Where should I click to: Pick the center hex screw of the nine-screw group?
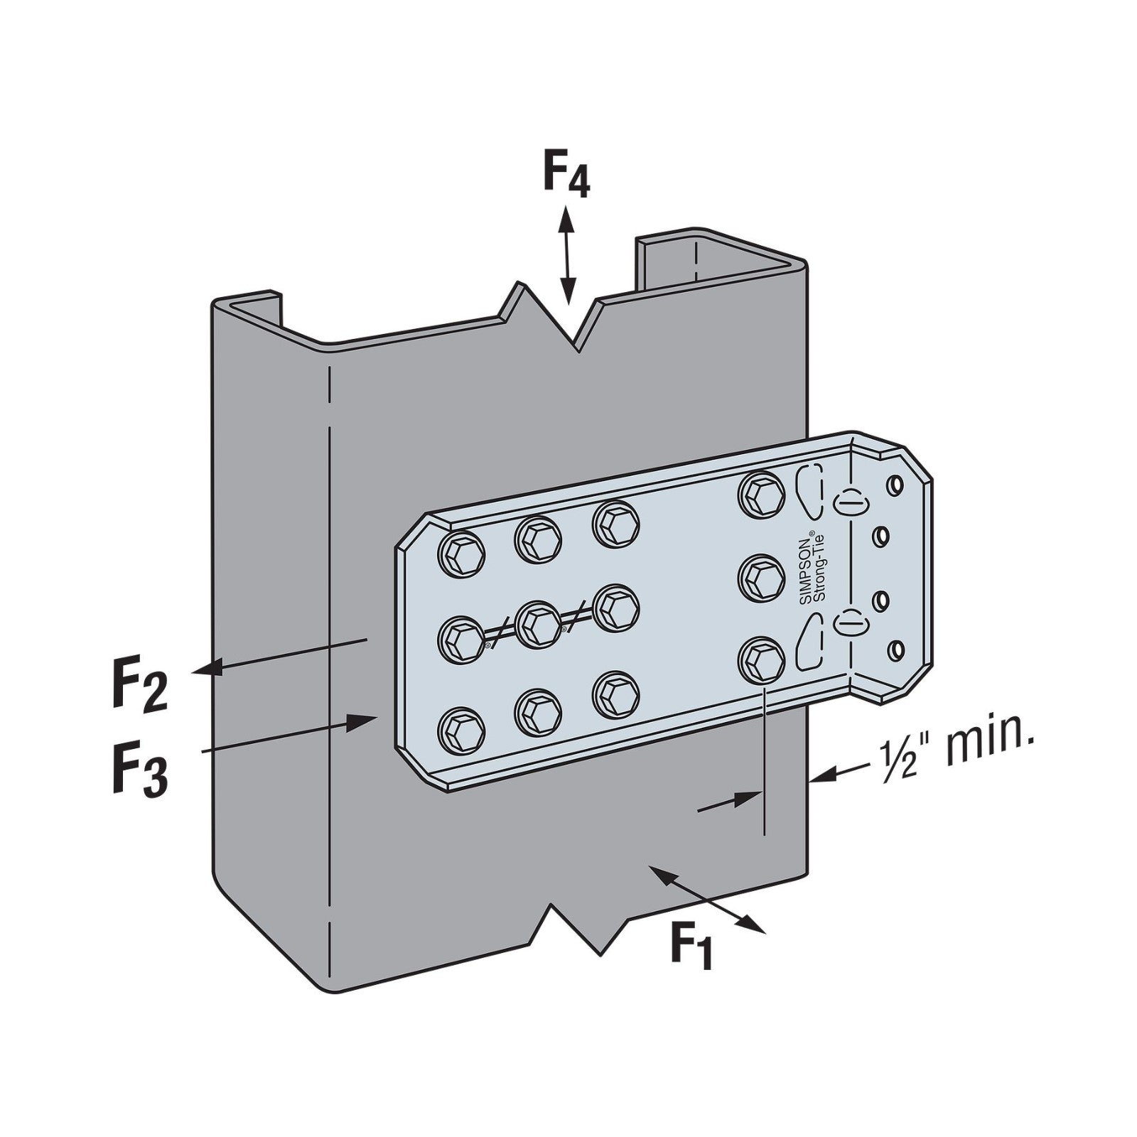click(538, 623)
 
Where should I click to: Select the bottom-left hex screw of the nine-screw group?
click(463, 730)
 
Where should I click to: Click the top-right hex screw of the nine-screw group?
click(615, 524)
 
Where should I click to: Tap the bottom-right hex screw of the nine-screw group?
click(615, 694)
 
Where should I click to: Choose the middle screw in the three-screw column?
click(761, 576)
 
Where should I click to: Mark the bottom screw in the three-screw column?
click(761, 660)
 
